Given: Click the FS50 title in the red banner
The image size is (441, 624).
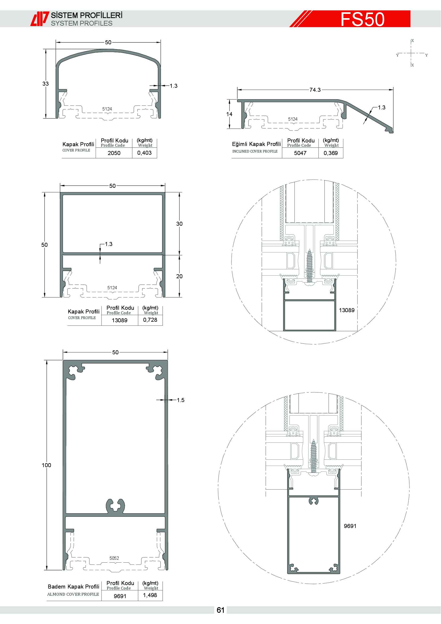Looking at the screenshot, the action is point(363,19).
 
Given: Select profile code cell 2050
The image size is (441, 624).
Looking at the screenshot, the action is point(114,153).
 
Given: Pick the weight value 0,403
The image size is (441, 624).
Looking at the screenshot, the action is point(145,153).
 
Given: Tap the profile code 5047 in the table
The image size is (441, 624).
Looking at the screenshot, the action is point(300,153).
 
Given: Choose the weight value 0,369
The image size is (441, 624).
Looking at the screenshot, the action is point(331,153).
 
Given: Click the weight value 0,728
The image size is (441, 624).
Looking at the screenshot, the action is point(150,320).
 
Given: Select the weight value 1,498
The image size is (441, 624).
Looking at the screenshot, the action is point(150,595).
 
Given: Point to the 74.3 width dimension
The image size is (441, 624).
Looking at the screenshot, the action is point(315,90).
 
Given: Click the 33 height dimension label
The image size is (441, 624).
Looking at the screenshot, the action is point(46,84).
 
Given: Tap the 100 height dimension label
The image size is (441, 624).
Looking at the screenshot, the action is point(46,465).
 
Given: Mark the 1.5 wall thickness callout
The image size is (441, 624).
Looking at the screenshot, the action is point(181,400).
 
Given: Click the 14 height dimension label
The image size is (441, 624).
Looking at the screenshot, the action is point(230,114).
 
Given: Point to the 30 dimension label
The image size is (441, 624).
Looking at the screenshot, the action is point(179,224).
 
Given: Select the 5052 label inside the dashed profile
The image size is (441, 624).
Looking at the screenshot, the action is point(114,558).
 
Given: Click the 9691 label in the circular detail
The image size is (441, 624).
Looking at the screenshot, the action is point(350,526).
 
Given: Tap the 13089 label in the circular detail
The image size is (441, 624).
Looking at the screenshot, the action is point(347,310).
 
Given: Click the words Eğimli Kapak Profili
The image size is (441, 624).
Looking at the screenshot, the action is point(256,144).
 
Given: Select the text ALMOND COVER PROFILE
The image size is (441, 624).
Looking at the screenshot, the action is point(73,594).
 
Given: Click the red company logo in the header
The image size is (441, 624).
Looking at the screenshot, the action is point(40,19).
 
